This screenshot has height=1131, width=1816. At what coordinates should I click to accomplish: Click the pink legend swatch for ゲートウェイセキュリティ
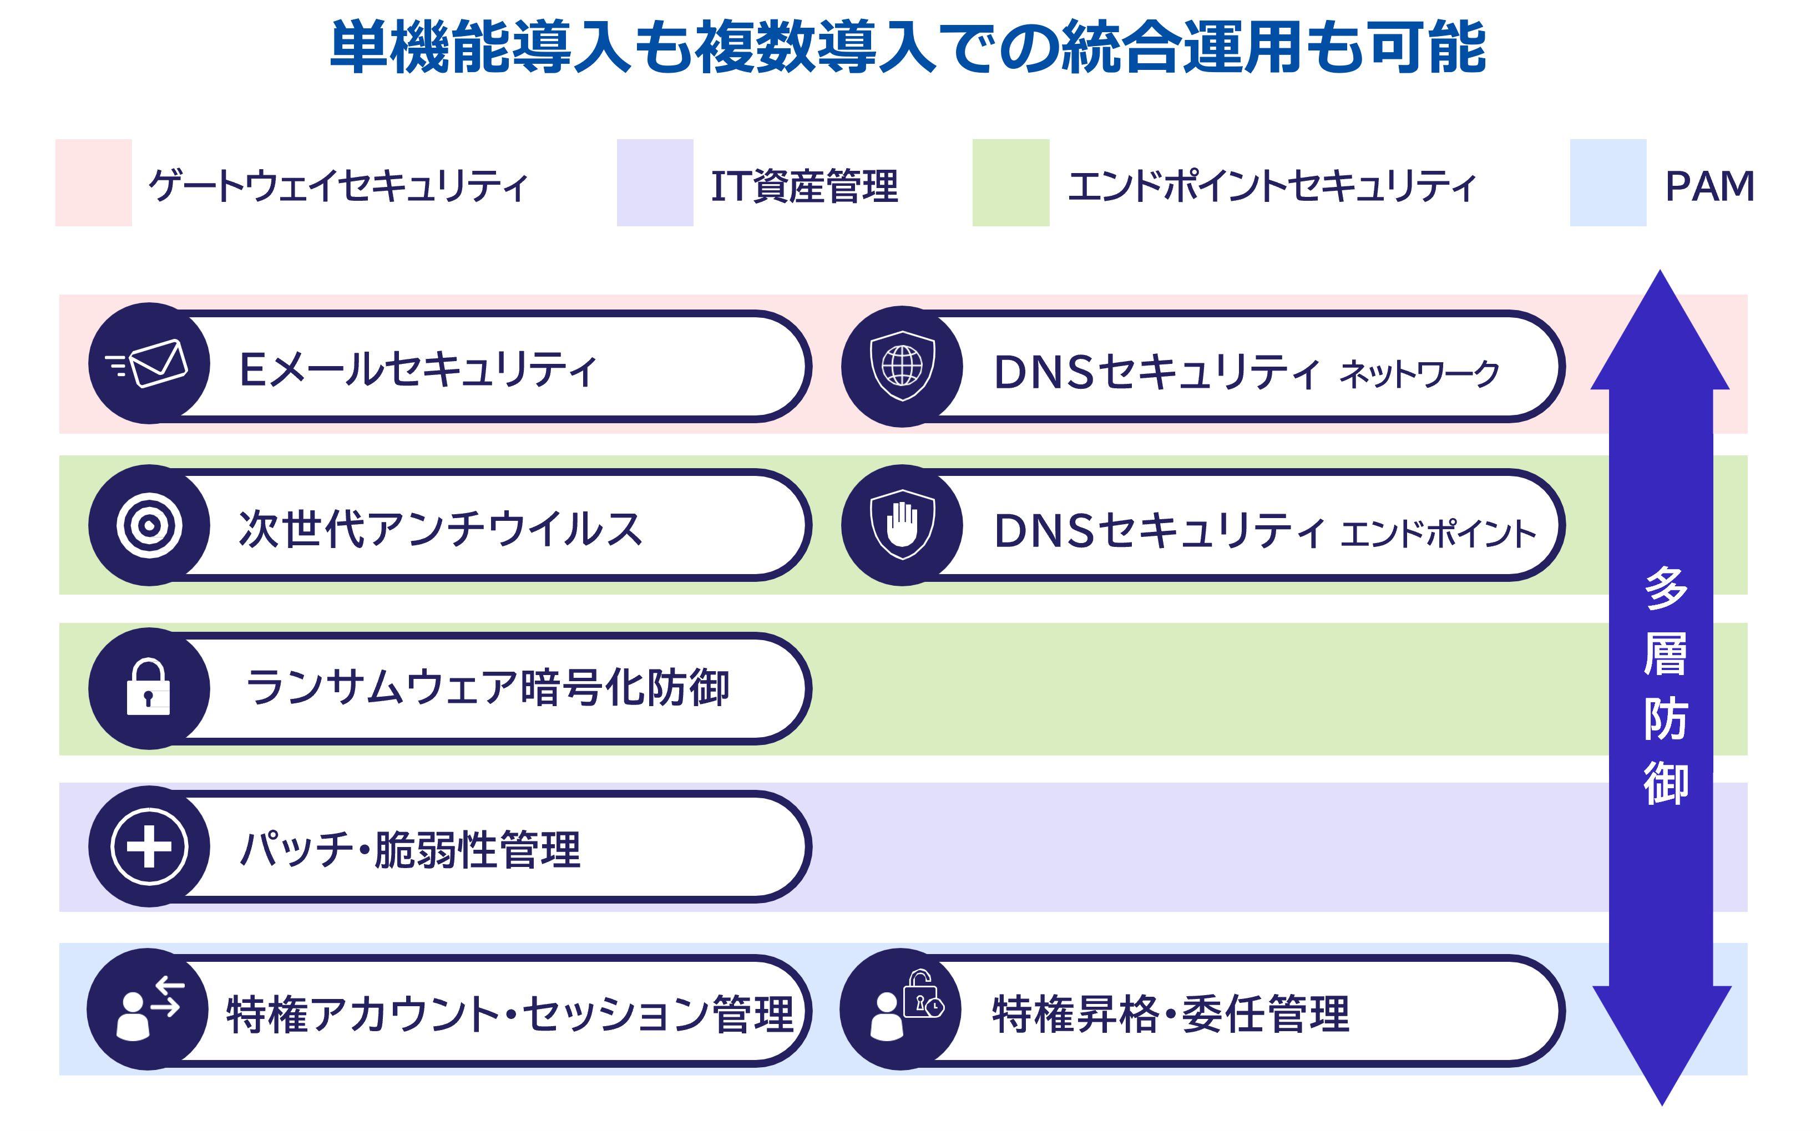(94, 182)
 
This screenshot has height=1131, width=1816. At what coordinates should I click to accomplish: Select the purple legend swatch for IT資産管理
(655, 182)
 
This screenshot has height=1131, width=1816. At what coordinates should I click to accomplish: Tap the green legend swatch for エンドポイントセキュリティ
(1011, 182)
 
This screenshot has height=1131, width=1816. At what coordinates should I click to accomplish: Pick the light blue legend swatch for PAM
(1608, 182)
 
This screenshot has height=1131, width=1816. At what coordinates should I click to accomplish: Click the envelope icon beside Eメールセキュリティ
(148, 363)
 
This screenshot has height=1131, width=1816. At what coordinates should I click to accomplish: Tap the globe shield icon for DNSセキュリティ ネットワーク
(902, 366)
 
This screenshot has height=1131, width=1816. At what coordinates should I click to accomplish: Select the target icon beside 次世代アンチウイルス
(149, 525)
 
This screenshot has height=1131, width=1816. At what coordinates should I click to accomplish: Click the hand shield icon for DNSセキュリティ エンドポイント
(902, 524)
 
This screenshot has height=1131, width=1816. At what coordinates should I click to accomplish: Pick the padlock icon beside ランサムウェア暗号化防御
(149, 687)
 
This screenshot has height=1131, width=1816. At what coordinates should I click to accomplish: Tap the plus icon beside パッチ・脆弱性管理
(149, 847)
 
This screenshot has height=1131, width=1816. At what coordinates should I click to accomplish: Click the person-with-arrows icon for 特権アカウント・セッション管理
(150, 1008)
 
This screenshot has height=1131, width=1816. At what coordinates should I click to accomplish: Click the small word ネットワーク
(1419, 373)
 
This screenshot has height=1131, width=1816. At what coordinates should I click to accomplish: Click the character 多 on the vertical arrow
(1666, 587)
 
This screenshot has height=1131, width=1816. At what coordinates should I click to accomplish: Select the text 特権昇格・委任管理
(1171, 1015)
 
